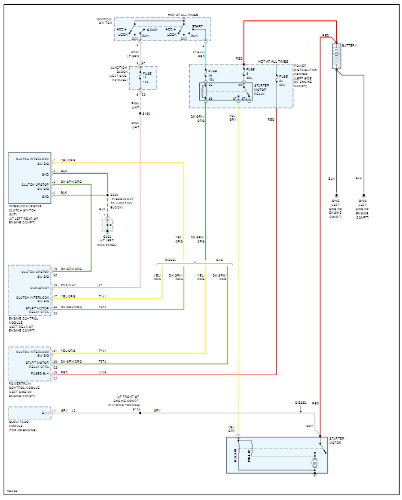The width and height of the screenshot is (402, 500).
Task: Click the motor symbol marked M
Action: point(315,463)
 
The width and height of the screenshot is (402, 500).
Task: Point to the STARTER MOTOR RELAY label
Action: point(261,89)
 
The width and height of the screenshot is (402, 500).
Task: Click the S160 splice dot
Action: point(141,113)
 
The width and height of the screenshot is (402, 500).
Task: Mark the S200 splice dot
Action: point(108,195)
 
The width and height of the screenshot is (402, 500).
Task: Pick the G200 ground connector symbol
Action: point(108,225)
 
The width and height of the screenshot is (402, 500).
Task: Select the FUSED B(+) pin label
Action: point(41,372)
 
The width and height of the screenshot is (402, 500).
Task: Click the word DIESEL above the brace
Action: point(170,260)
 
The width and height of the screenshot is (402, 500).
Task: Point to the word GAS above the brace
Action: point(219,260)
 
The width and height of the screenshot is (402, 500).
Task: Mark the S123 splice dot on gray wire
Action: point(141,412)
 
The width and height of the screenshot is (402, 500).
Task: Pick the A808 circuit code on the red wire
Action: point(102,372)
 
